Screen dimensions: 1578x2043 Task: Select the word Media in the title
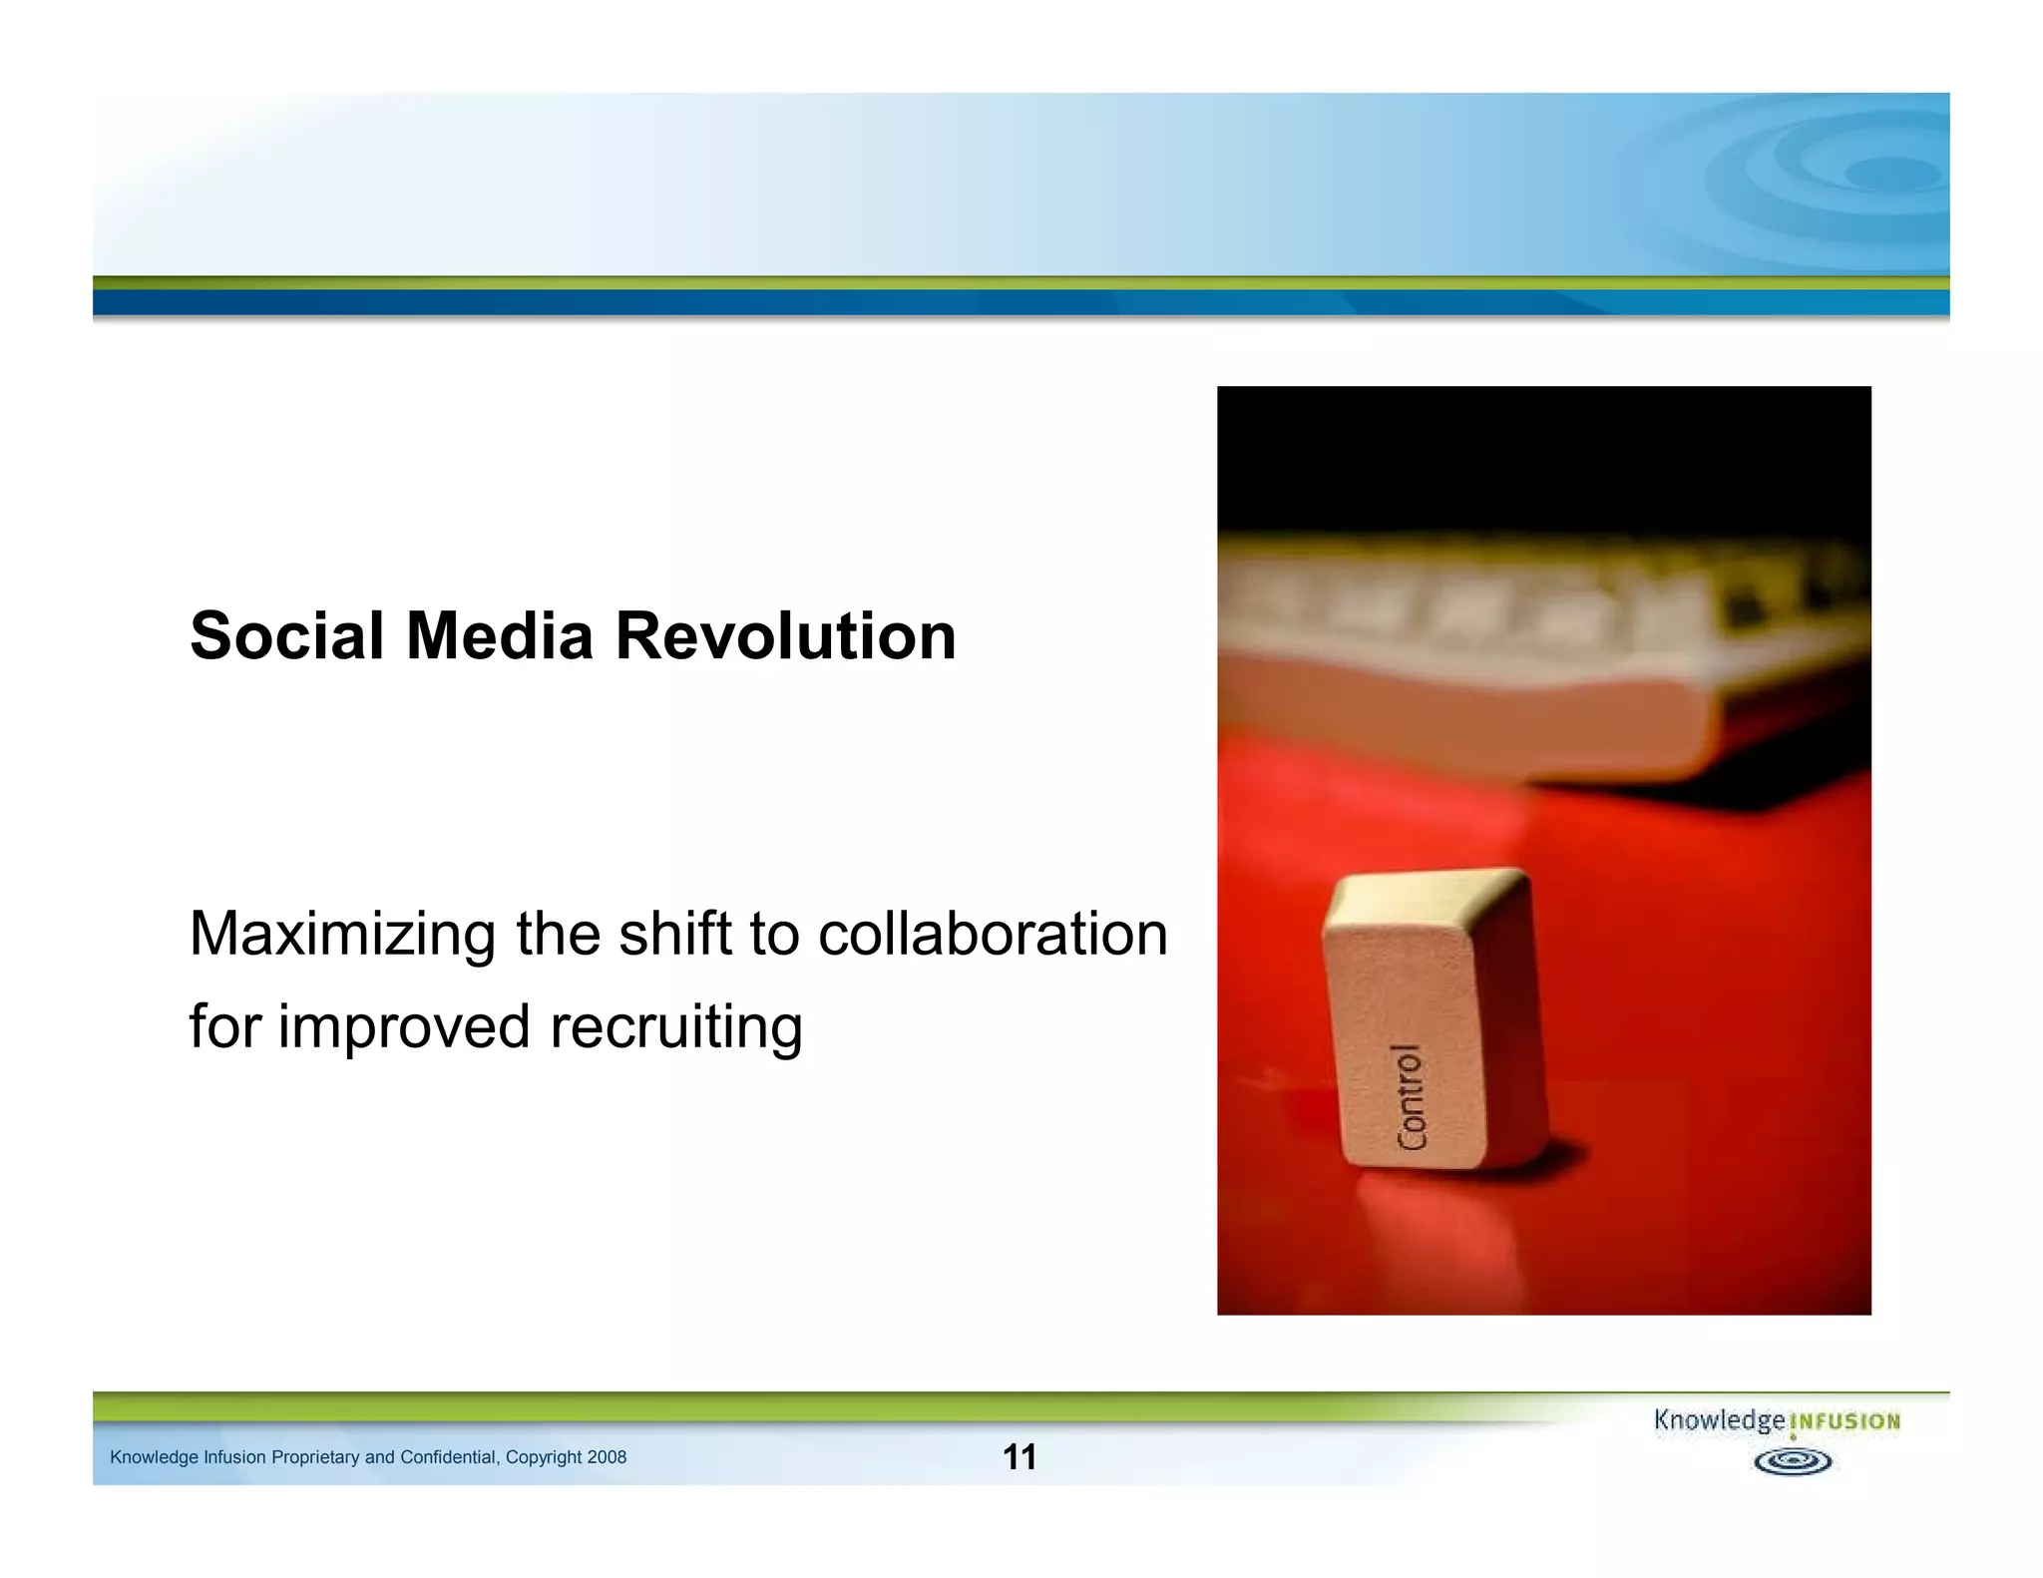[500, 636]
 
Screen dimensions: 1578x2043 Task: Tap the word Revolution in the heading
[786, 636]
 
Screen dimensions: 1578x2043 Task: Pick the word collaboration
[993, 935]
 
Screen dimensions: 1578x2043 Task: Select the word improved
[404, 1027]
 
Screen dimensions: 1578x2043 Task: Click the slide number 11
[1019, 1457]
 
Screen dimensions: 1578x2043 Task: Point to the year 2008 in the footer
[607, 1457]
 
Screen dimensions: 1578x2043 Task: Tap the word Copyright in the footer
[544, 1457]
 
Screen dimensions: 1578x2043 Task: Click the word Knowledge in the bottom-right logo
[1719, 1420]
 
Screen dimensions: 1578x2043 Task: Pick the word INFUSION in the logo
[1845, 1421]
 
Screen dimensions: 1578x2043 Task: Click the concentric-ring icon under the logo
[1793, 1462]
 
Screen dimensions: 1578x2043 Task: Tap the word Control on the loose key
[1411, 1097]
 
